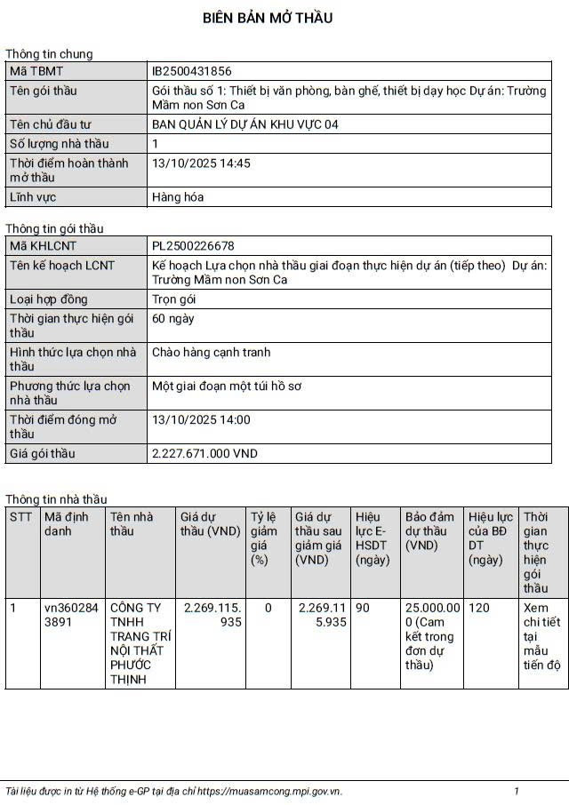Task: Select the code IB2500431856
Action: (192, 71)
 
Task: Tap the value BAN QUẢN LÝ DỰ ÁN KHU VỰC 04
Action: (245, 124)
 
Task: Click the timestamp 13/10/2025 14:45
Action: (202, 163)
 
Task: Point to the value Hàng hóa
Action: (178, 197)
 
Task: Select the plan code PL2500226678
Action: (193, 245)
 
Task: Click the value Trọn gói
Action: (175, 299)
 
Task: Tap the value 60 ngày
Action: (173, 318)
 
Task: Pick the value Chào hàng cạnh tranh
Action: (212, 352)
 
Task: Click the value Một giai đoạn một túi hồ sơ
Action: (227, 386)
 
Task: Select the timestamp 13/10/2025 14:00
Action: (202, 419)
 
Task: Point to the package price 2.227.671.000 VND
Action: (204, 453)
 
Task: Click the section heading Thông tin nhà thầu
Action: (56, 499)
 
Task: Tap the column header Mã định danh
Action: (67, 523)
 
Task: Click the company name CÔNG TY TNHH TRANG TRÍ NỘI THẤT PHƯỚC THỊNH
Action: (140, 643)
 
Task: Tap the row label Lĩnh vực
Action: (33, 197)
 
